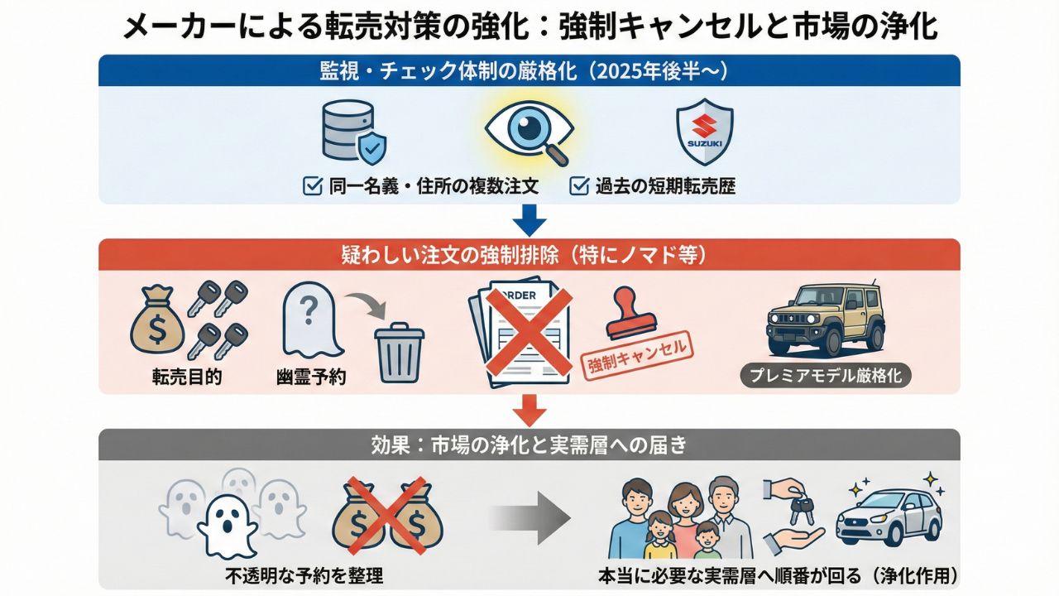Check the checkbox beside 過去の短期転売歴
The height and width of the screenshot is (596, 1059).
579,185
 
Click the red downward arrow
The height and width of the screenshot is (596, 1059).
529,409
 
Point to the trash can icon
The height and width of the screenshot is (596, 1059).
400,353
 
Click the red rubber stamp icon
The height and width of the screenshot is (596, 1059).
630,315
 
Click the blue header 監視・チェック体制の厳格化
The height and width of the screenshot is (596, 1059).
529,71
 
